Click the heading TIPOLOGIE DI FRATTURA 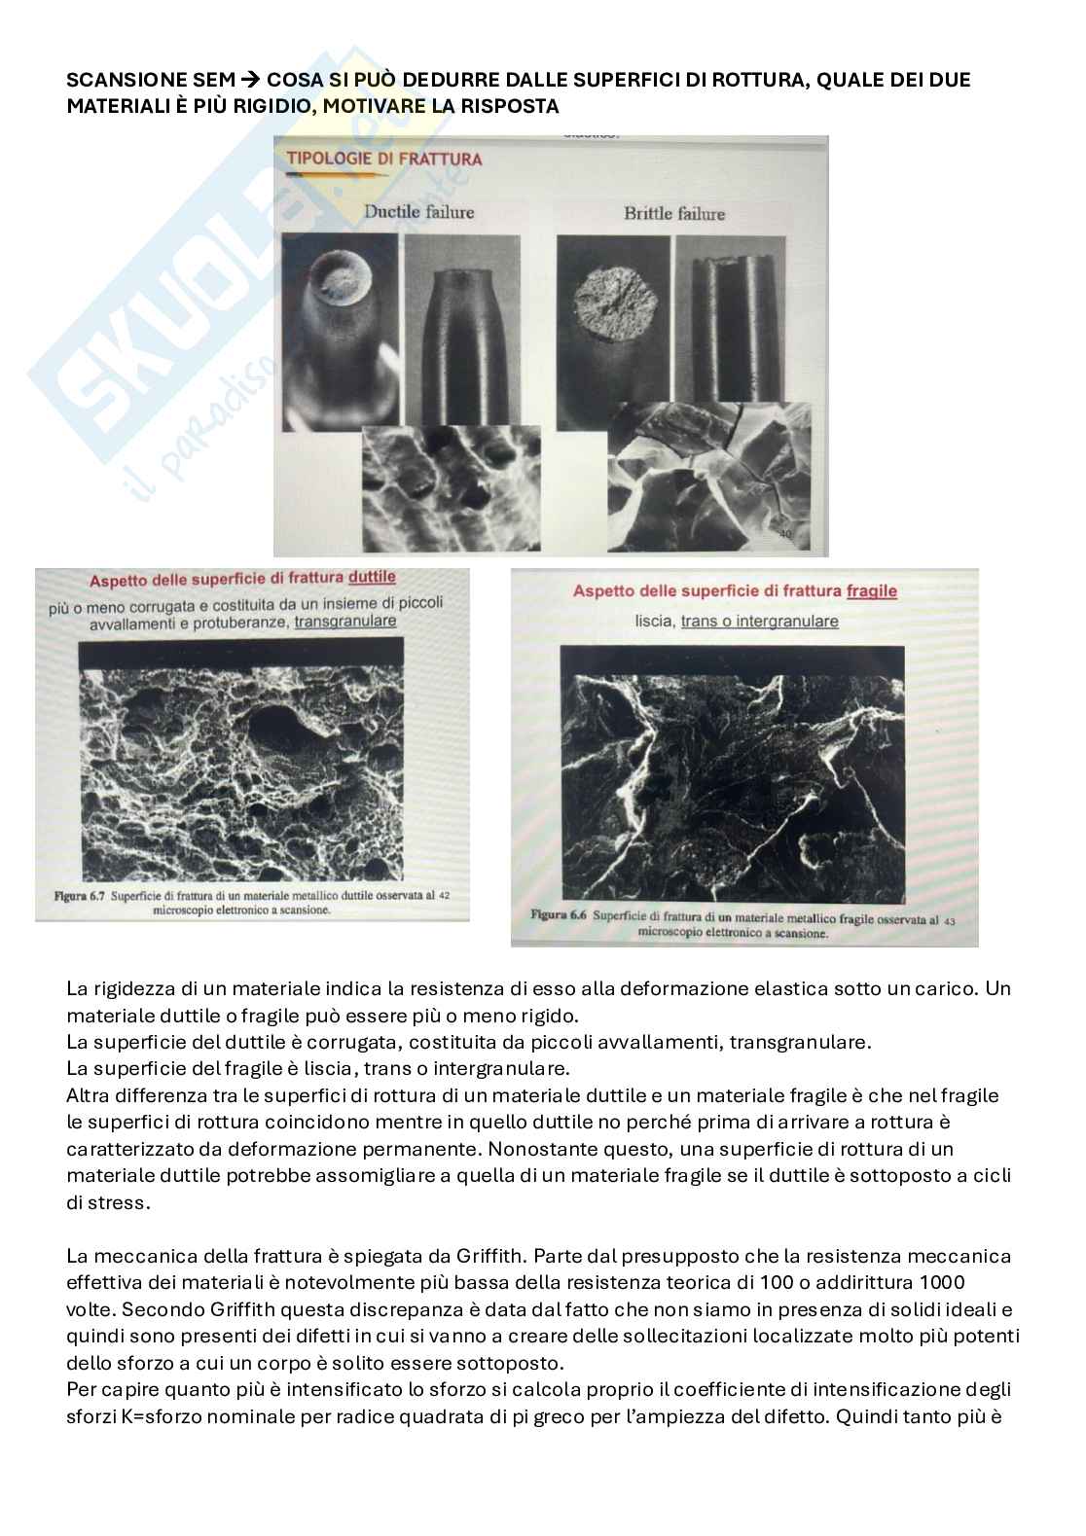pyautogui.click(x=382, y=159)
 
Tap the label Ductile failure pyautogui.click(x=419, y=211)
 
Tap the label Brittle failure pyautogui.click(x=674, y=213)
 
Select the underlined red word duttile pyautogui.click(x=372, y=578)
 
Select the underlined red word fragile pyautogui.click(x=872, y=590)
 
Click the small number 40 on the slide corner pyautogui.click(x=786, y=533)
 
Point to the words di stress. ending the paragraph pyautogui.click(x=109, y=1202)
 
